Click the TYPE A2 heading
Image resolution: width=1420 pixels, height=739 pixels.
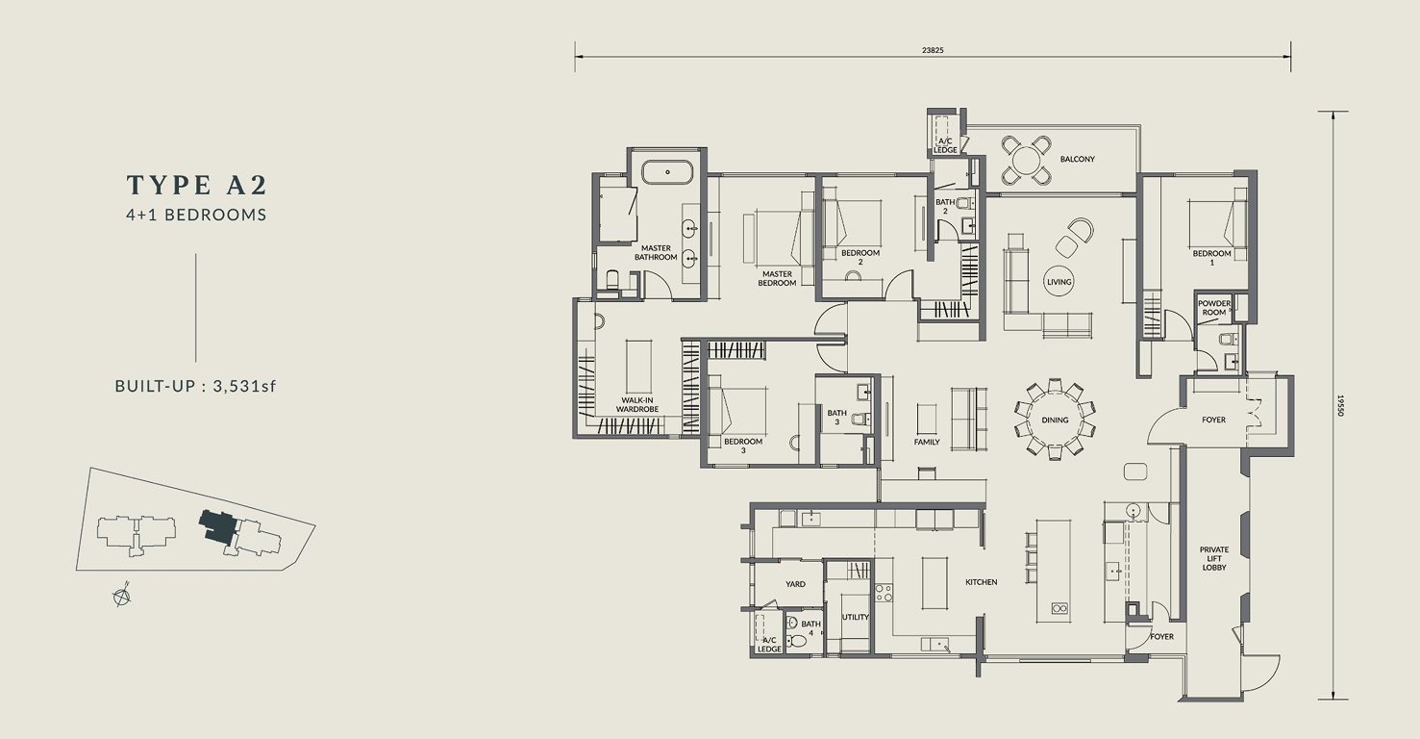[x=197, y=185]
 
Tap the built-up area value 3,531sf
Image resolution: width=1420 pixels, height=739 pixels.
[x=245, y=386]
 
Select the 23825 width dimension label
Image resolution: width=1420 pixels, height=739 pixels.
[x=934, y=50]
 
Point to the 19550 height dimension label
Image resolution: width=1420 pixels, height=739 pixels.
[x=1341, y=405]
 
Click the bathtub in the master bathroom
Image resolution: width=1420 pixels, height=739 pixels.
[x=667, y=172]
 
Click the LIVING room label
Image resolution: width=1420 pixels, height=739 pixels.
[x=1059, y=282]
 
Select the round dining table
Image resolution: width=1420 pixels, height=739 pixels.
[x=1055, y=420]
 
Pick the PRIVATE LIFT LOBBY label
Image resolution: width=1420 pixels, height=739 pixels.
[x=1214, y=558]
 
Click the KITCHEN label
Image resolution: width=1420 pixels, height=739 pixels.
[x=982, y=582]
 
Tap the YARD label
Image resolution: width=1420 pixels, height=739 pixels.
[x=796, y=583]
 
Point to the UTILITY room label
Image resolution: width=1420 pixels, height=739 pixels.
[x=855, y=617]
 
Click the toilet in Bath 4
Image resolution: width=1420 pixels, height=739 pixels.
[x=795, y=636]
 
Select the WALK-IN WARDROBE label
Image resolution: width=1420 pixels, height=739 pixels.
[x=637, y=405]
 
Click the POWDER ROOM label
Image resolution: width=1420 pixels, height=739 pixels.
[x=1214, y=308]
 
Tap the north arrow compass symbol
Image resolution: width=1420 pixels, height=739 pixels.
[x=122, y=597]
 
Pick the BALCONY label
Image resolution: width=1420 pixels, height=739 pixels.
[x=1077, y=159]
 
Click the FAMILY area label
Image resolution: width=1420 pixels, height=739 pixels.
[x=927, y=442]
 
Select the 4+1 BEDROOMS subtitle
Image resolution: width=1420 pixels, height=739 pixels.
[x=196, y=215]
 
